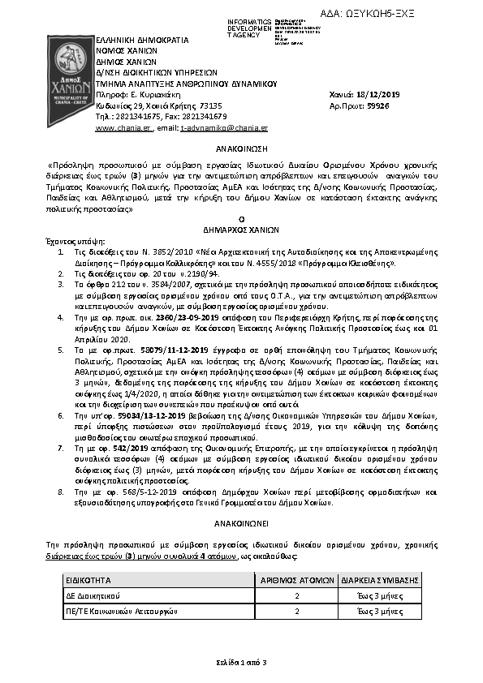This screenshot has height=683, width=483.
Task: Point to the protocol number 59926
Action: [377, 106]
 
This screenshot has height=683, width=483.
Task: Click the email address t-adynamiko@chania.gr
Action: [224, 128]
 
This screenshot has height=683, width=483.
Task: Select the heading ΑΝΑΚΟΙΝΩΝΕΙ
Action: [241, 523]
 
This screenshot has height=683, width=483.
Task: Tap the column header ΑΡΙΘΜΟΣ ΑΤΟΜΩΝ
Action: [297, 579]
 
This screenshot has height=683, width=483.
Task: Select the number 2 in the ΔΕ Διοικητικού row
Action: [297, 595]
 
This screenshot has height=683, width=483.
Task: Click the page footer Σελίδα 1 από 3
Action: [241, 663]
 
